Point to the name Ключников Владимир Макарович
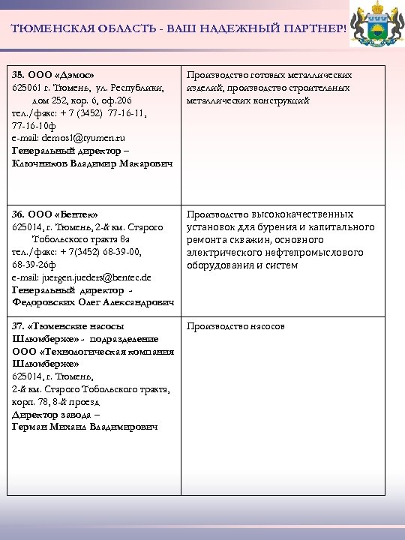tap(92, 163)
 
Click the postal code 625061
tap(25, 88)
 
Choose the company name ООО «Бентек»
tap(64, 214)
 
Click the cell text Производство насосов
tap(235, 327)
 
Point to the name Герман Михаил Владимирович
tap(85, 427)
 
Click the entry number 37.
tap(19, 326)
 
